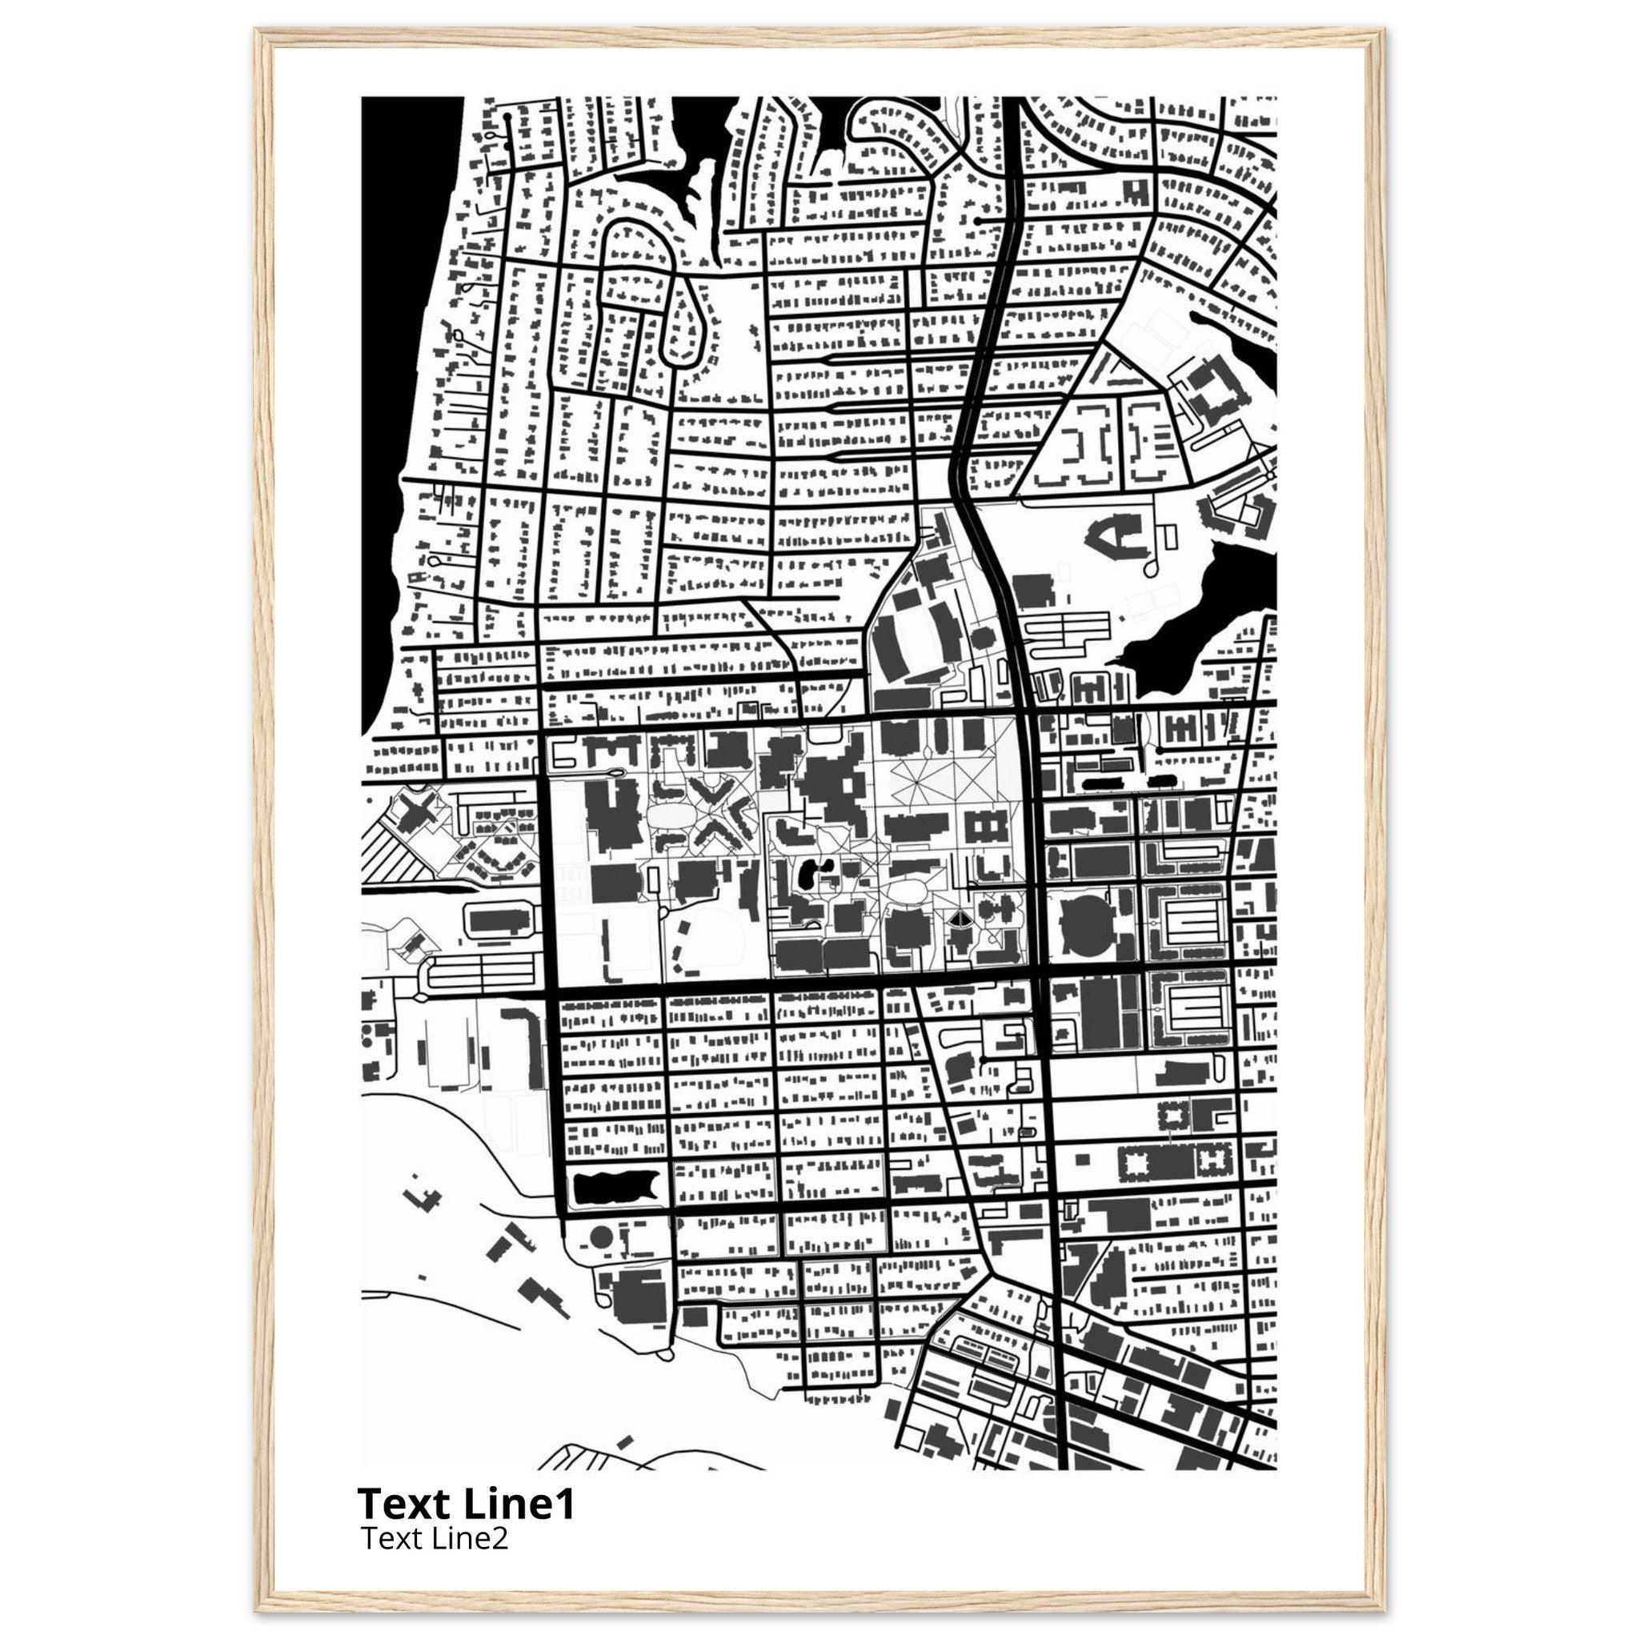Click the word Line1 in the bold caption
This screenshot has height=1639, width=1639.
pyautogui.click(x=519, y=1504)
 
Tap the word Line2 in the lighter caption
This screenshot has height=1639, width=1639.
pyautogui.click(x=471, y=1537)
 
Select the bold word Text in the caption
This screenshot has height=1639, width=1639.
pyautogui.click(x=403, y=1504)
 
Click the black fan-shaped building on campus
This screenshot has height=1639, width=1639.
pyautogui.click(x=959, y=919)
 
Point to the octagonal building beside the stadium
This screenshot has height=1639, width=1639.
pyautogui.click(x=984, y=636)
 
